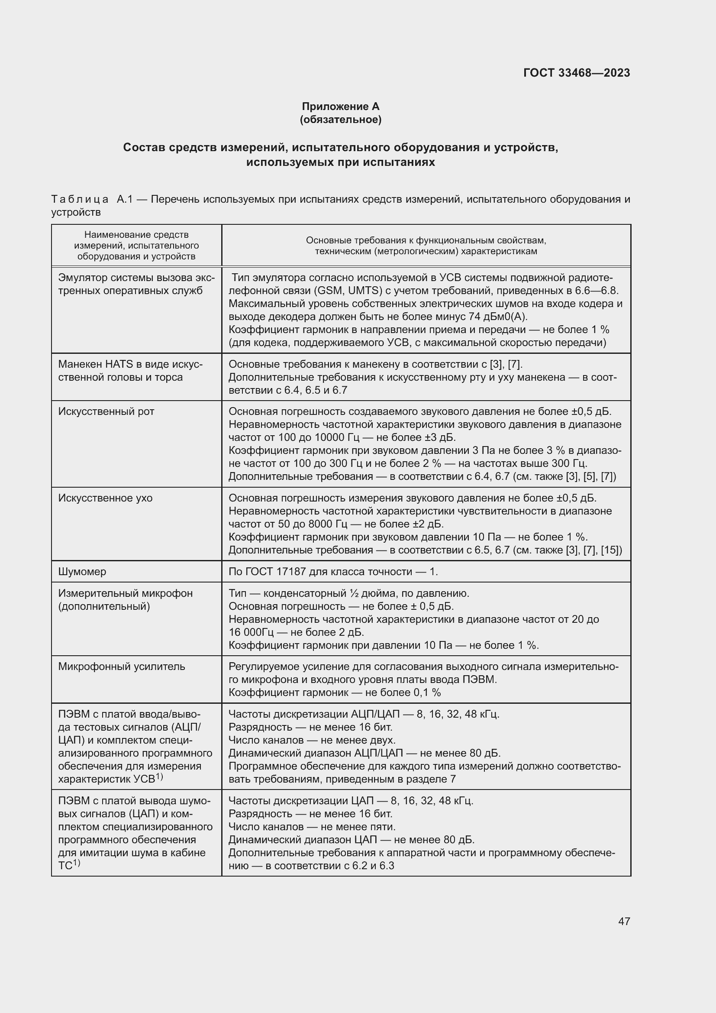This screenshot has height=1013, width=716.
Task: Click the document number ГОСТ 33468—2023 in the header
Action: pyautogui.click(x=576, y=73)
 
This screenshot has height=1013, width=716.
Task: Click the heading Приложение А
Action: pyautogui.click(x=340, y=107)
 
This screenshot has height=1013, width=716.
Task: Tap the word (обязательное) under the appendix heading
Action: pyautogui.click(x=340, y=120)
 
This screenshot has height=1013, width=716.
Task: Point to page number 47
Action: pyautogui.click(x=624, y=921)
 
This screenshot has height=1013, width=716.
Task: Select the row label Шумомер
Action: pyautogui.click(x=82, y=572)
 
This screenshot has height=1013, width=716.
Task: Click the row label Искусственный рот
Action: pyautogui.click(x=106, y=411)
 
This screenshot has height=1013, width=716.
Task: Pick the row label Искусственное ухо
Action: pyautogui.click(x=105, y=498)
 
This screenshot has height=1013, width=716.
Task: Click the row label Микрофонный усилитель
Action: pyautogui.click(x=122, y=667)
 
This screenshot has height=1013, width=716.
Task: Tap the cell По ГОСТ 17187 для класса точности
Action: pyautogui.click(x=333, y=572)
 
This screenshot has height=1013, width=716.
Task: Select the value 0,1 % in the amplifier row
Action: pyautogui.click(x=427, y=693)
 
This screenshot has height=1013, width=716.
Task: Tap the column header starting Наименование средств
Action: pyautogui.click(x=136, y=245)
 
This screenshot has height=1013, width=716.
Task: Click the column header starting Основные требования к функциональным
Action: pyautogui.click(x=426, y=246)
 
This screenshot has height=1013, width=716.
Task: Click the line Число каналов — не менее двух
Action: pyautogui.click(x=312, y=740)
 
